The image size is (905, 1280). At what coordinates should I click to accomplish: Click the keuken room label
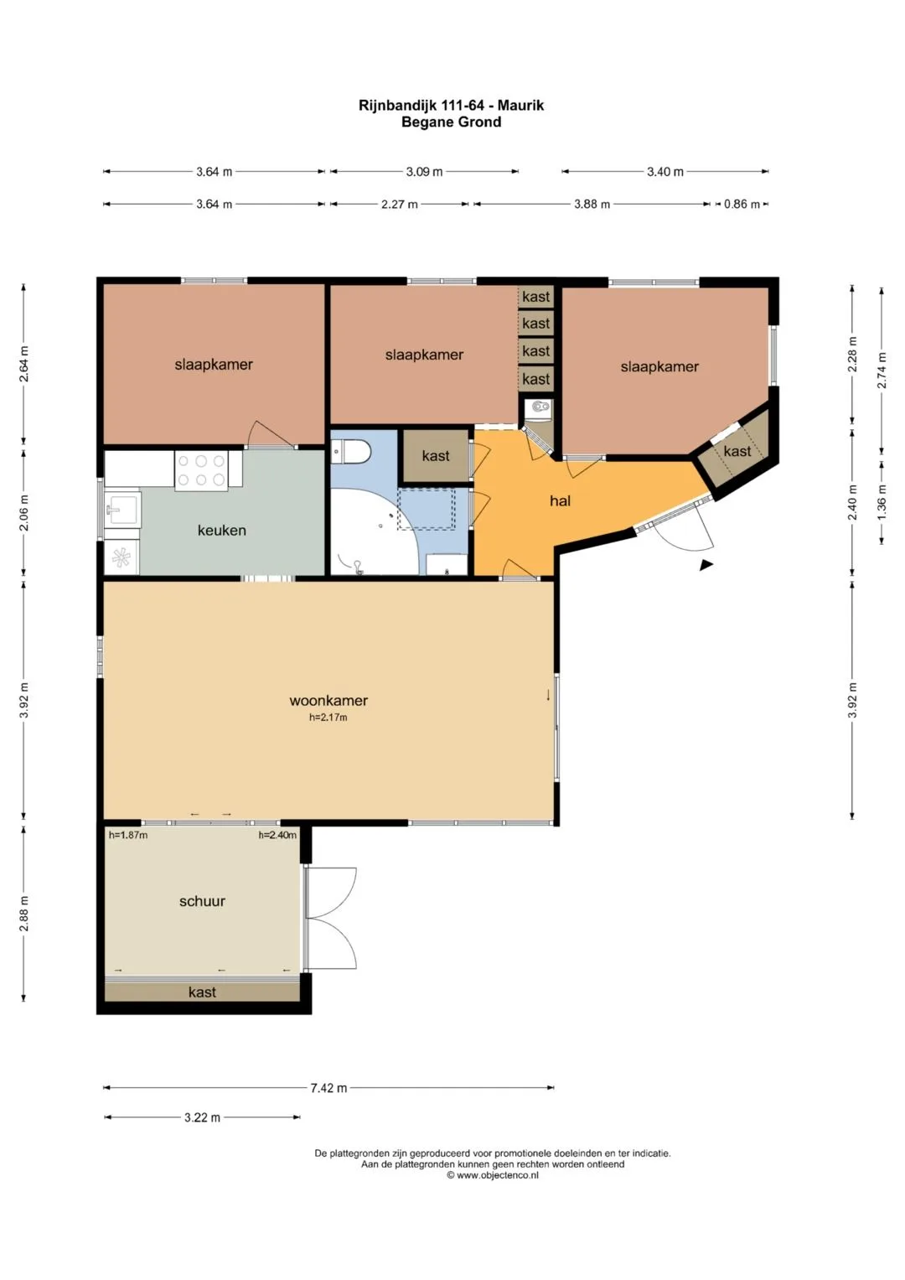click(222, 531)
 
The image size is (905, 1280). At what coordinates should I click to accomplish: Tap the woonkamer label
click(328, 701)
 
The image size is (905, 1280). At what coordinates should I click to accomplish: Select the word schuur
click(202, 901)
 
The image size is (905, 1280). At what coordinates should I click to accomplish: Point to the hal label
click(560, 501)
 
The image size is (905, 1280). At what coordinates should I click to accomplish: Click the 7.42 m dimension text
click(328, 1088)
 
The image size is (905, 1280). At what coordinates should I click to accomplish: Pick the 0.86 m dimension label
click(742, 204)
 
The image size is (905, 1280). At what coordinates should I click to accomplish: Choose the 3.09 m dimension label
click(424, 172)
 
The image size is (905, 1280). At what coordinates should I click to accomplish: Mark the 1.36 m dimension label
click(881, 503)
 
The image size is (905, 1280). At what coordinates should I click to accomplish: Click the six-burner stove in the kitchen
click(200, 469)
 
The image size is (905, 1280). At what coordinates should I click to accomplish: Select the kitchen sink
click(122, 507)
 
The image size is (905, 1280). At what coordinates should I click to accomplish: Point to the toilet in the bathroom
click(351, 452)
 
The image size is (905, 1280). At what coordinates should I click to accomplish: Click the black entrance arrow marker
click(706, 565)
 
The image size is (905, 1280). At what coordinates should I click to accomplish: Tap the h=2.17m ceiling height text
click(328, 718)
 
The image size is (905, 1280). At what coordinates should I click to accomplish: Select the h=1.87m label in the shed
click(128, 835)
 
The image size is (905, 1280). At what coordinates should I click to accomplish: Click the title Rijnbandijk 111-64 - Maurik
click(452, 105)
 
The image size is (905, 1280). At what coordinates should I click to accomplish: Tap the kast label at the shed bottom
click(202, 992)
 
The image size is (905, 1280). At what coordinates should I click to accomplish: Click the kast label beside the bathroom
click(436, 455)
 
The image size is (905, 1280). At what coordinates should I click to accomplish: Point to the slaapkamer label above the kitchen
click(214, 365)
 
